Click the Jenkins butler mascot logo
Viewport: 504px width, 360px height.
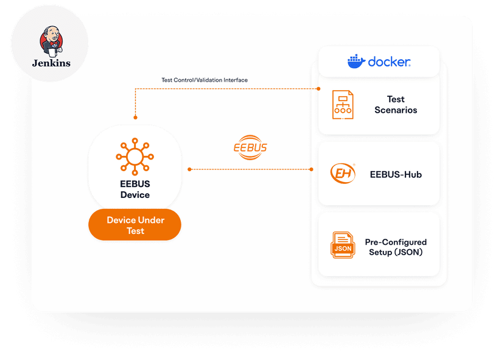click(51, 41)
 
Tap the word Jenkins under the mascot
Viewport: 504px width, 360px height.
click(51, 63)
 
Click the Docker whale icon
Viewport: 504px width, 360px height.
click(356, 61)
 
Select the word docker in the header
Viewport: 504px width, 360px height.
click(389, 62)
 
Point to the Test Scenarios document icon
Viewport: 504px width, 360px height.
click(343, 105)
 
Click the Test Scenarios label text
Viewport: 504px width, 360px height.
click(396, 105)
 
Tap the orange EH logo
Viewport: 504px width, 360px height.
click(343, 174)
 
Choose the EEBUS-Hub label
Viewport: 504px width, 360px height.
click(396, 174)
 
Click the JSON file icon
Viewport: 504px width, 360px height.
click(343, 245)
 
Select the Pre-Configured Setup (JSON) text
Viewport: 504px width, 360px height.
click(396, 247)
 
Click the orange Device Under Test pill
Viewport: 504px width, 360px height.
click(135, 225)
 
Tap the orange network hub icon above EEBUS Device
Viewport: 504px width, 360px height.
click(135, 157)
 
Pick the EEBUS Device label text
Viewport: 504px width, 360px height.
click(135, 189)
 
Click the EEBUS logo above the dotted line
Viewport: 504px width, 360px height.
click(250, 147)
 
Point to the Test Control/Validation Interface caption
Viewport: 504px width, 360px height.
click(205, 80)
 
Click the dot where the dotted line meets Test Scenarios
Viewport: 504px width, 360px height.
click(318, 88)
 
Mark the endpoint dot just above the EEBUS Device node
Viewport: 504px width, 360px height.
click(135, 118)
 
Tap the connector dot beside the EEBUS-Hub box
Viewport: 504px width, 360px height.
click(311, 169)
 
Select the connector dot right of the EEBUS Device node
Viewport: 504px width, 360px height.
click(190, 169)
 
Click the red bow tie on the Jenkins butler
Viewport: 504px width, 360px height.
click(54, 43)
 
